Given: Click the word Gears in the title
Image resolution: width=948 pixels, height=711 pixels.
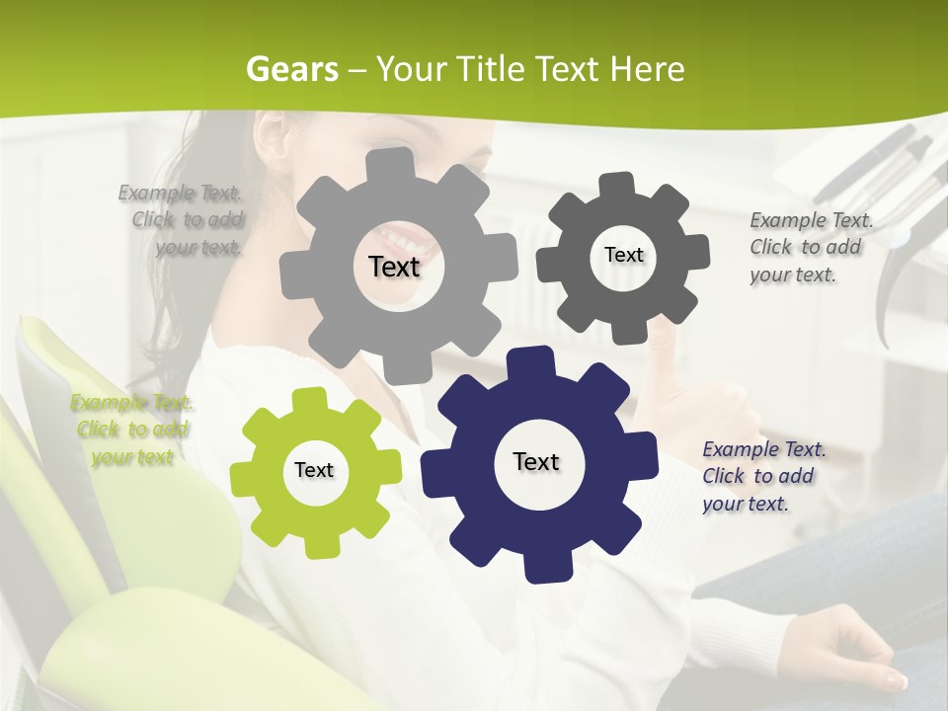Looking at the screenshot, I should pos(291,69).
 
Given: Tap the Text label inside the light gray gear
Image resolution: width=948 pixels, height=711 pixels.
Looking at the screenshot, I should pos(394,267).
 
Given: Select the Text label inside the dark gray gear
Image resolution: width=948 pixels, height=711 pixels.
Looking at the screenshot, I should pos(623,255).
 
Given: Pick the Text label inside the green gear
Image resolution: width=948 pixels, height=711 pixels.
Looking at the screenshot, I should pos(314,470).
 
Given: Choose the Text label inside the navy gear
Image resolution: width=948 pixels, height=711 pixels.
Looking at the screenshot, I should pos(536,461).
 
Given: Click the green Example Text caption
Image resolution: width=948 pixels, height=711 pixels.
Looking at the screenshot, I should pos(131,430).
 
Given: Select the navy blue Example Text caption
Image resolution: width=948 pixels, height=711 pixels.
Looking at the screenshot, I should pos(763,476).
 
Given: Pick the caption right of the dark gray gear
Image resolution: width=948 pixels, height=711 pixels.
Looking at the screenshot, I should pos(810,247).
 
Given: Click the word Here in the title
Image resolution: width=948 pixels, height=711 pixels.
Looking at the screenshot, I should pos(647,69).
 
